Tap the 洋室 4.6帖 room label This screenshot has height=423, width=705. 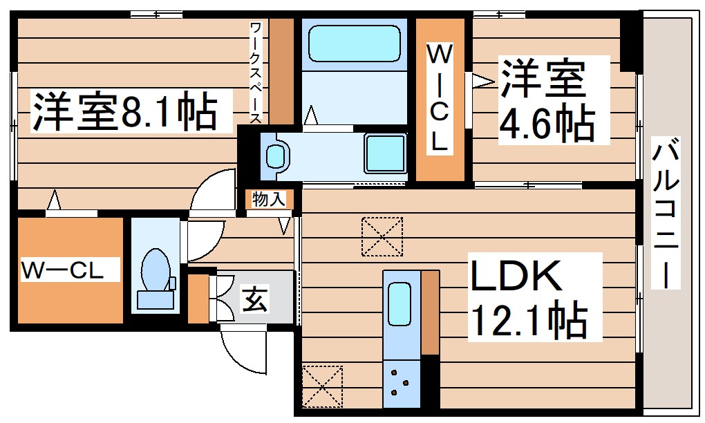click(x=546, y=100)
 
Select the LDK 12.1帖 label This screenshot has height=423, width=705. click(x=529, y=297)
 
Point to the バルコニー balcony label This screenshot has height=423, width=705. click(x=666, y=214)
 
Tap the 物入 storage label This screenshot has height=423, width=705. click(x=269, y=200)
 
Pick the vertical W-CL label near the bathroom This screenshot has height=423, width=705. click(x=440, y=97)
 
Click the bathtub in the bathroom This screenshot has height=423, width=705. click(x=354, y=44)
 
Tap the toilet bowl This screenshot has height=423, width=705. click(x=153, y=270)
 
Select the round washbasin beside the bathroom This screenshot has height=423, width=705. click(x=276, y=155)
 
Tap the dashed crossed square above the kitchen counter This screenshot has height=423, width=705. click(x=382, y=236)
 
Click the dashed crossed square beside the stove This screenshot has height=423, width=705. click(x=322, y=386)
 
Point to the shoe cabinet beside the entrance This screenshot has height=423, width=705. click(x=198, y=299)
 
